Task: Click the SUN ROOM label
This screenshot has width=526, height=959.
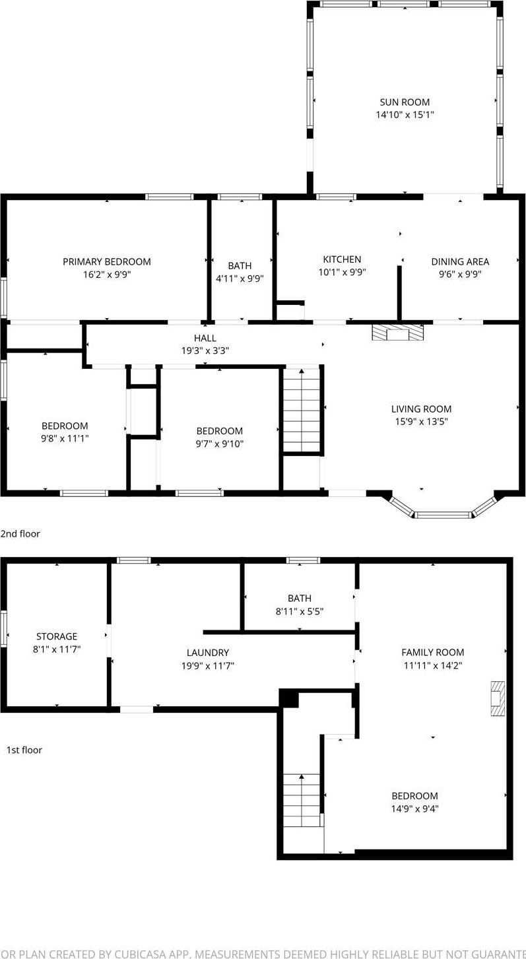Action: tap(405, 102)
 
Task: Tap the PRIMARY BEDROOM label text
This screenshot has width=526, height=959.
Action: tap(106, 261)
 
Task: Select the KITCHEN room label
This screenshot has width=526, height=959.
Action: tap(342, 259)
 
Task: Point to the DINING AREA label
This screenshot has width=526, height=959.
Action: tap(460, 261)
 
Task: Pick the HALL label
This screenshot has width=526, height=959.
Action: tap(205, 338)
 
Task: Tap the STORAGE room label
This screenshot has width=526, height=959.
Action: tap(57, 636)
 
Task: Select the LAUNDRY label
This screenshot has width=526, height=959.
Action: tap(207, 653)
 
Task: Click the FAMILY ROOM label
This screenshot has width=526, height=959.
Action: tap(433, 653)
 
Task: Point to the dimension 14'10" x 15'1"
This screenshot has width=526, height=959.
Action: tap(405, 115)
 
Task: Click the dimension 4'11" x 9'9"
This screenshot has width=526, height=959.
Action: tap(240, 279)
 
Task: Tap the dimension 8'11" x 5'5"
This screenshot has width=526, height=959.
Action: tap(300, 611)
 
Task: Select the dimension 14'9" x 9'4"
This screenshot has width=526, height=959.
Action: tap(414, 809)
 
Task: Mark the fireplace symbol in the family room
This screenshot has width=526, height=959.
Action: tap(497, 698)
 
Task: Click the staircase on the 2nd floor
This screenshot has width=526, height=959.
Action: tap(302, 411)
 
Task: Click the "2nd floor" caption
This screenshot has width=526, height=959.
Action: tap(20, 534)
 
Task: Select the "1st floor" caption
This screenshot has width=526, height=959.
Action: tap(24, 750)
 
